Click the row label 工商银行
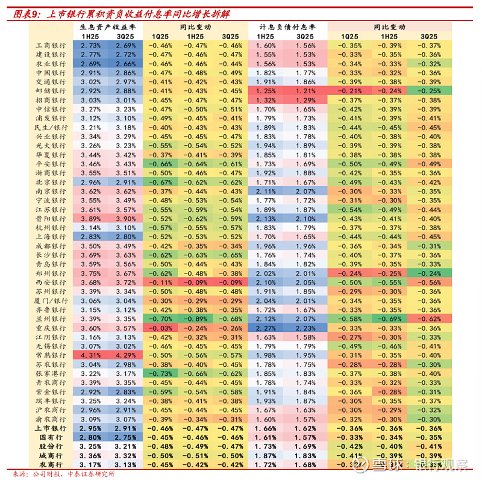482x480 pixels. coord(51,45)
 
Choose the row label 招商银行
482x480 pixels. coord(51,99)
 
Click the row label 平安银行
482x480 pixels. coord(51,163)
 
